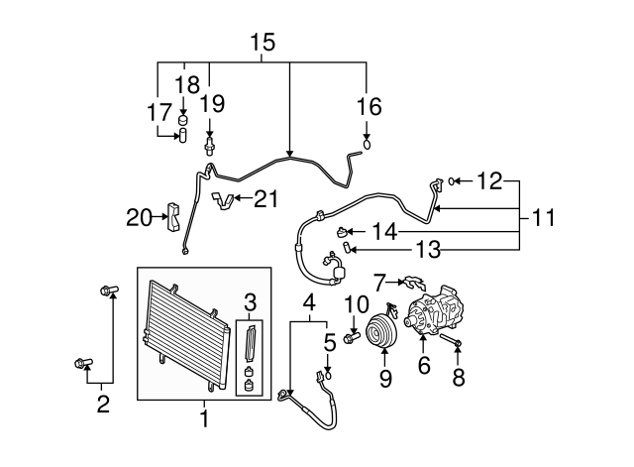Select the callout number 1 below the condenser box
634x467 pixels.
click(204, 418)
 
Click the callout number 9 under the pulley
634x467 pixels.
click(385, 378)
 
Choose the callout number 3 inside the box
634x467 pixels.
click(251, 300)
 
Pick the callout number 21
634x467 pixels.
click(264, 199)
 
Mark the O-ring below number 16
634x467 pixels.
click(368, 144)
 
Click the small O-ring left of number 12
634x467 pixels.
click(452, 180)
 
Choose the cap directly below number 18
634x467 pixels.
click(182, 121)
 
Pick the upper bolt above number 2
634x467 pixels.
click(108, 291)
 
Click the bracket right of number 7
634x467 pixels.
click(414, 285)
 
